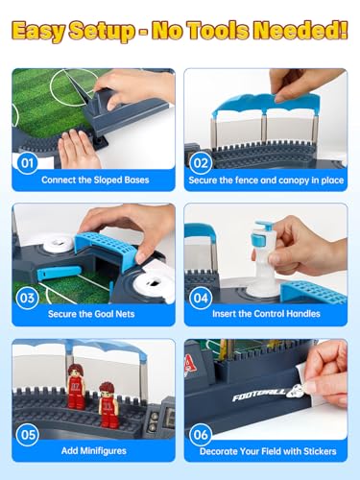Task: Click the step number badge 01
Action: [27, 163]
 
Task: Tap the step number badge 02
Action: [201, 163]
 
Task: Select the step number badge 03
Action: [27, 298]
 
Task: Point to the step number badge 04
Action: [201, 298]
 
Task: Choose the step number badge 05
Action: [27, 435]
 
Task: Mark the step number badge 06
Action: [201, 435]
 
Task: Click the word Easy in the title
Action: [38, 32]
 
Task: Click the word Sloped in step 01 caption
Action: [108, 180]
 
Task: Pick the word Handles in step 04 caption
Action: [302, 314]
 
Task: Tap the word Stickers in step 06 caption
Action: [320, 451]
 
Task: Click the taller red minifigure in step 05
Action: [76, 386]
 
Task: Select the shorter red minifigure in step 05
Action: [108, 405]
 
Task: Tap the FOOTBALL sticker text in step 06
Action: [258, 396]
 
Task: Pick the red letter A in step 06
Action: [190, 364]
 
